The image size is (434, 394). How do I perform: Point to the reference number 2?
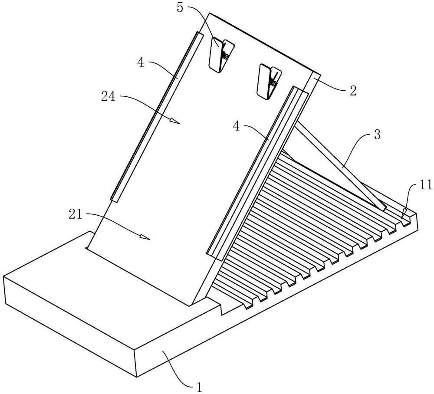coord(352,90)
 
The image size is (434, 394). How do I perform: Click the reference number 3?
coord(377,135)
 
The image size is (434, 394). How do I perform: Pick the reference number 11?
coord(426,185)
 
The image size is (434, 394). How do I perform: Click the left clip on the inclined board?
coord(221,54)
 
